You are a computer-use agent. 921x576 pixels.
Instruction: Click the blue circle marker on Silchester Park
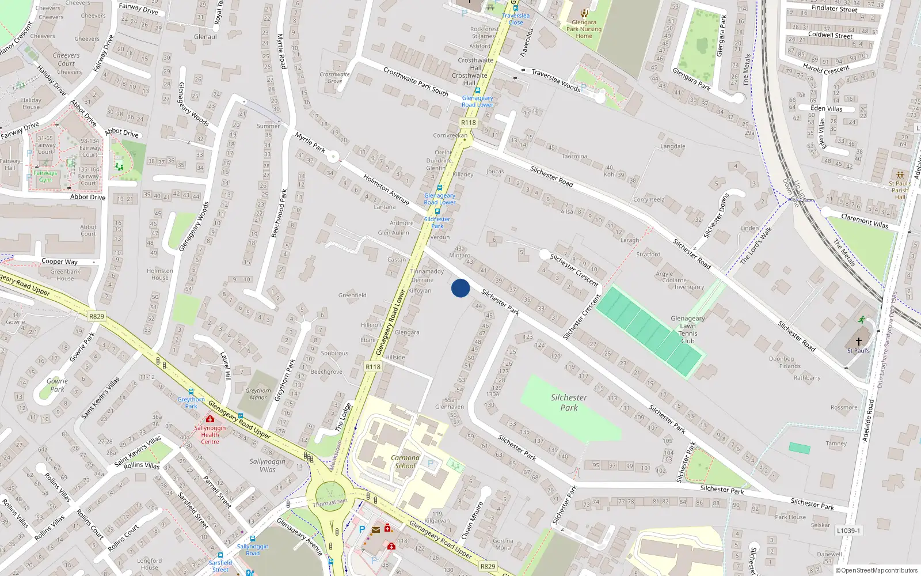click(461, 288)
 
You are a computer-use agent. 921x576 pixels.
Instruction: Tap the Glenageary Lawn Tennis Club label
click(687, 329)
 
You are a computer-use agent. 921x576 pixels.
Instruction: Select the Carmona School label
click(405, 462)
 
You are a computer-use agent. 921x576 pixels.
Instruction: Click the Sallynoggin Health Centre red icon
click(210, 419)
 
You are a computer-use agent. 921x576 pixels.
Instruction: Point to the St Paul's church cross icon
click(858, 342)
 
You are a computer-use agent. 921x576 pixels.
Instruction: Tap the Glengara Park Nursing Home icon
click(584, 13)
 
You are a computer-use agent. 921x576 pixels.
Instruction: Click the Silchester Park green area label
click(569, 403)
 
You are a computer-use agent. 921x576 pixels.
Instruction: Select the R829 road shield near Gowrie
click(97, 316)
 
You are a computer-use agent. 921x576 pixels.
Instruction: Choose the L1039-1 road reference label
click(848, 530)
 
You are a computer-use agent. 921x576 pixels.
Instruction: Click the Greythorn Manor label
click(258, 394)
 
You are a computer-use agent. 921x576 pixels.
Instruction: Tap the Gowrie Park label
click(57, 385)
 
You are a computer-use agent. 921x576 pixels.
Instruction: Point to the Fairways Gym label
click(45, 176)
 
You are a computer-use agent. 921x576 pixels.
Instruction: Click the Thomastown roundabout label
click(330, 503)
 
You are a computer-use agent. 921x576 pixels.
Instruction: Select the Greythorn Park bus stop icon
click(191, 392)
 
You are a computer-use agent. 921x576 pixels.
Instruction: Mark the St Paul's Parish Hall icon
click(900, 175)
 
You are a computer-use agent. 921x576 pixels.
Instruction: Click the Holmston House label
click(159, 274)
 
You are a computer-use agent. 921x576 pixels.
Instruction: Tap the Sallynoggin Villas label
click(267, 465)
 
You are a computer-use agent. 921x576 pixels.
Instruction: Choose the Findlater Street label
click(834, 8)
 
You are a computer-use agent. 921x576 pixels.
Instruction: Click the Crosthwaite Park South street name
click(416, 82)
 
